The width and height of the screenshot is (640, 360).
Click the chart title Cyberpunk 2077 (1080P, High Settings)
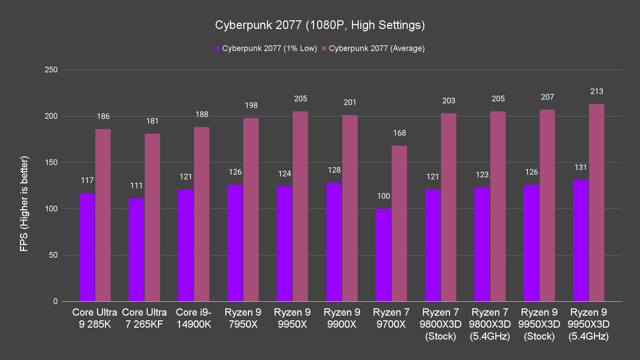320,25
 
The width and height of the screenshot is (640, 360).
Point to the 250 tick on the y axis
51,70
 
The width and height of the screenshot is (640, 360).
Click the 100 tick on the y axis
51,209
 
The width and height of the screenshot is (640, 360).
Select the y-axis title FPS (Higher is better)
24,204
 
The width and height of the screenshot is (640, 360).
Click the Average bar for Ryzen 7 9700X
399,223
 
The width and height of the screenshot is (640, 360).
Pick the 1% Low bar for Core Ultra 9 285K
87,247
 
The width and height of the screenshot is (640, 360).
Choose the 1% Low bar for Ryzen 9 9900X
334,242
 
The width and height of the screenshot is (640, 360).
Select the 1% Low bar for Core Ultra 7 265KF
136,250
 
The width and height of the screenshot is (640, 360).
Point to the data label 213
596,91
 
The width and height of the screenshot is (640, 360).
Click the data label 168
399,133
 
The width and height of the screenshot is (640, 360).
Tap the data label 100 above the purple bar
383,196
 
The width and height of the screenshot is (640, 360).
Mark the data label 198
251,105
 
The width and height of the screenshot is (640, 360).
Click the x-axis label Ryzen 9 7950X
243,318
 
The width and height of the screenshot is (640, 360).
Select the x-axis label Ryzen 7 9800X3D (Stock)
440,324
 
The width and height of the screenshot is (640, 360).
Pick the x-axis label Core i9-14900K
194,318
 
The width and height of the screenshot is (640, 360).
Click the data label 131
580,167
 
